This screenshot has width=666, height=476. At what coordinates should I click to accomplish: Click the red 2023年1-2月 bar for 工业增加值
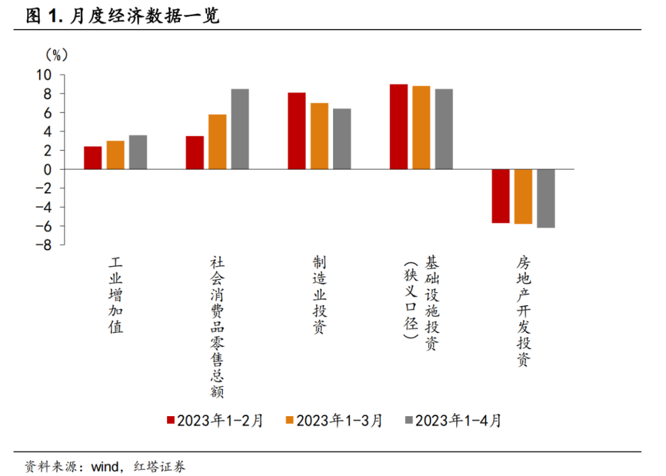92,157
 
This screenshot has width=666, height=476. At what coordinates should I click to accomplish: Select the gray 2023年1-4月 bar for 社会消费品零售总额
240,129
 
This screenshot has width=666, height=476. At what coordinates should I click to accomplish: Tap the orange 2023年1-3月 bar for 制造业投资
319,136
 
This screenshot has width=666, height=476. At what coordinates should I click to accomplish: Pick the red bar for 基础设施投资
398,127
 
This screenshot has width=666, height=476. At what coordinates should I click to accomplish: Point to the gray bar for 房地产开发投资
546,198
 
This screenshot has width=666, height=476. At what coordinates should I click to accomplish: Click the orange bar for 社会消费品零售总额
217,141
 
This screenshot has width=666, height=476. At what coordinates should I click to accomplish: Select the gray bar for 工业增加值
138,152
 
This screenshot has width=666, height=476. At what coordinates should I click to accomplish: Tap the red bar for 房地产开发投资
500,196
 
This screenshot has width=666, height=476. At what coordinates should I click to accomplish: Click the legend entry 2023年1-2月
215,421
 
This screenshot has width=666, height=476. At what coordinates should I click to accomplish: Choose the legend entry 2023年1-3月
334,421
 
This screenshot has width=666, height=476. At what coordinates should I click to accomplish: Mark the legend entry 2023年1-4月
453,421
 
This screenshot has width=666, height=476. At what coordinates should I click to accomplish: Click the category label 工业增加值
116,295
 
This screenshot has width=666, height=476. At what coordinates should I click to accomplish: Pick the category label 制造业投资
319,295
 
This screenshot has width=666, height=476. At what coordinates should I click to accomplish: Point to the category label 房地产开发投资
523,312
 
